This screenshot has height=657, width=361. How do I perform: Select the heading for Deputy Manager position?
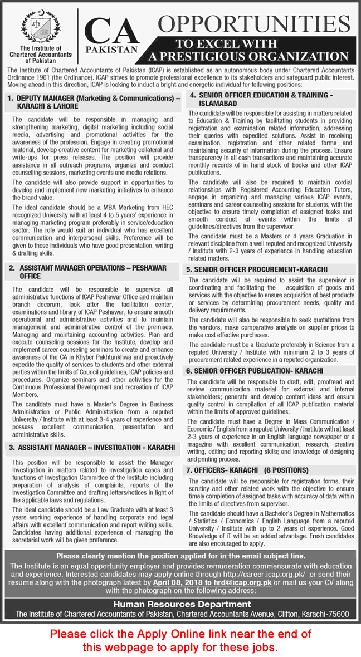click(93, 101)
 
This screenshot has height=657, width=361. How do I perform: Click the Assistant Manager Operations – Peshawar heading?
click(87, 272)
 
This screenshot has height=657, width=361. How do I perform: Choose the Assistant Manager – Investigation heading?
click(92, 447)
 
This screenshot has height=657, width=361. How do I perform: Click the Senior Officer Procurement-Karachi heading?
click(257, 269)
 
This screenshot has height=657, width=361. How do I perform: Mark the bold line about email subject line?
click(180, 540)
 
